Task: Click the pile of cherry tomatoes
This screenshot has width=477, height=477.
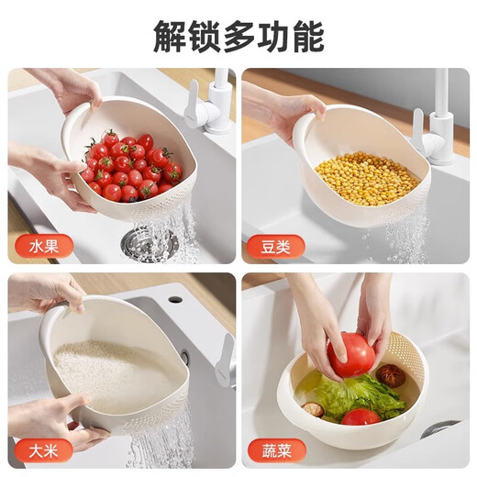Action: coord(130,167)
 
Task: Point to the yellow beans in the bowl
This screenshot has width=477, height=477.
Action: coord(367,179)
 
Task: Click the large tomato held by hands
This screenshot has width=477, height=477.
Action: coord(350,355)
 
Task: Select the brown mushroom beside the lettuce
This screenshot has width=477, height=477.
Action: coord(391,374)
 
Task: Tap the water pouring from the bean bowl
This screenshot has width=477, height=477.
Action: coord(404,234)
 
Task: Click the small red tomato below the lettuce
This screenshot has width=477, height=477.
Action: coord(360,417)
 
